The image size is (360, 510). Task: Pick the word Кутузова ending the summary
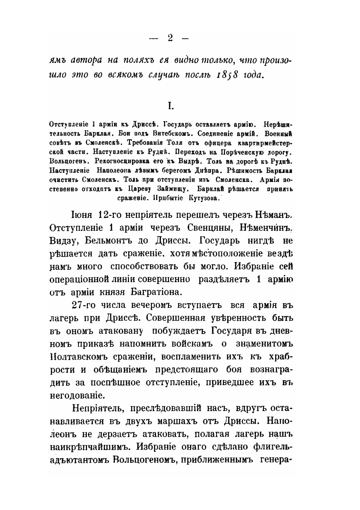(201, 198)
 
